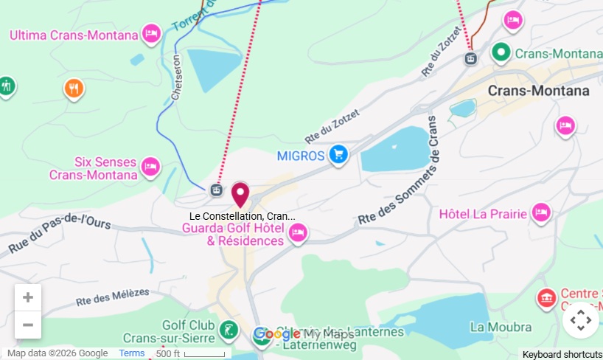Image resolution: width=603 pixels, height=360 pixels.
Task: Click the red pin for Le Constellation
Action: pyautogui.click(x=240, y=194)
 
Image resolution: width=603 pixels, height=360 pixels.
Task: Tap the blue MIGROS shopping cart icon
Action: pyautogui.click(x=338, y=153)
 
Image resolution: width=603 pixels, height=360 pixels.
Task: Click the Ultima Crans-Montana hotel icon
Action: pyautogui.click(x=151, y=33)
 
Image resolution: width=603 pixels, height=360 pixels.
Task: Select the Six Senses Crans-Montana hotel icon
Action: pyautogui.click(x=151, y=167)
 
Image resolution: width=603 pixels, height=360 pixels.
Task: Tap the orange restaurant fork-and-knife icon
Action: pyautogui.click(x=73, y=89)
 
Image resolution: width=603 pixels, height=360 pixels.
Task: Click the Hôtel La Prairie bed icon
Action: pyautogui.click(x=542, y=212)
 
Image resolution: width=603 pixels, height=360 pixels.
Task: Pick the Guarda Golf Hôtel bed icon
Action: pyautogui.click(x=298, y=233)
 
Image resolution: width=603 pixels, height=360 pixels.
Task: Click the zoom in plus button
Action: pyautogui.click(x=28, y=297)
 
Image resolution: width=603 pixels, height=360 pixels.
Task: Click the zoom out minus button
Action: pyautogui.click(x=28, y=325)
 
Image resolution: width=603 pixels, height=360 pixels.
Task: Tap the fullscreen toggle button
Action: pyautogui.click(x=581, y=320)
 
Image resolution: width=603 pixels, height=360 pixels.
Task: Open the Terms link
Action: pyautogui.click(x=132, y=353)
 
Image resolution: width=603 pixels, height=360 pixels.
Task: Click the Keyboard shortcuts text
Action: pyautogui.click(x=562, y=354)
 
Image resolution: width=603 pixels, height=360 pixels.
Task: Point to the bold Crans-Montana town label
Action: pyautogui.click(x=538, y=91)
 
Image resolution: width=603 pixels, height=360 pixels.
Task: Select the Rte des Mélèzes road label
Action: pyautogui.click(x=112, y=297)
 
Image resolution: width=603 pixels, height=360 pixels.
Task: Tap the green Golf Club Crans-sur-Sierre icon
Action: pyautogui.click(x=229, y=328)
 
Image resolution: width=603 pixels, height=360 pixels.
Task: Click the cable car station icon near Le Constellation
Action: pyautogui.click(x=215, y=190)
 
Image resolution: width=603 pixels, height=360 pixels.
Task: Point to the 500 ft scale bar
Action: pyautogui.click(x=189, y=354)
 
